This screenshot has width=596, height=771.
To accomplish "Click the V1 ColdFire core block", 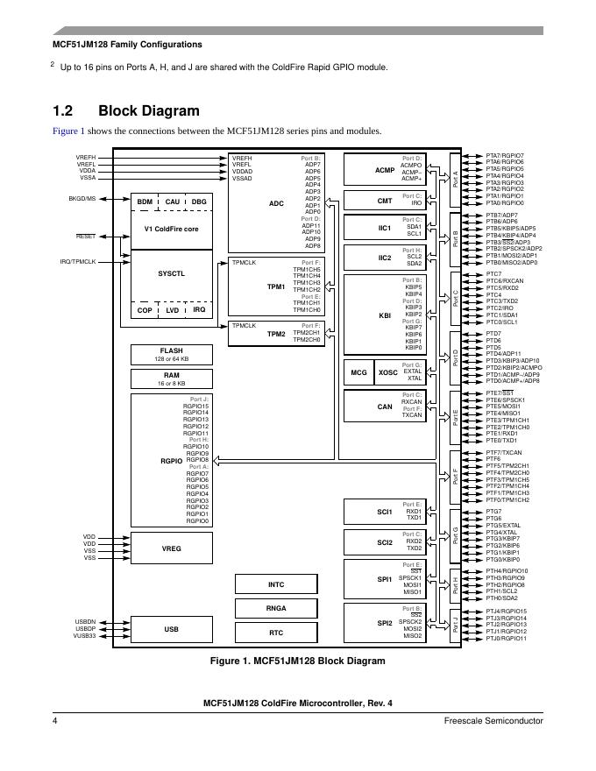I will point(172,229).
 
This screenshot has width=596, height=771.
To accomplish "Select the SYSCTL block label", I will point(172,273).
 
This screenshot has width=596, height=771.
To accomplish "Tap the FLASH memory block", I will point(172,354).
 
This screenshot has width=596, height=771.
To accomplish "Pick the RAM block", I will point(172,378).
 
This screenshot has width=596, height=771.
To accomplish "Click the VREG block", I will point(172,548).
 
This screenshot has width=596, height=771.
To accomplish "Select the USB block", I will point(172,629).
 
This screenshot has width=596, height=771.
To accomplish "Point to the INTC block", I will point(276,584).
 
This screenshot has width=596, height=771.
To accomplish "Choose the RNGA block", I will point(276,608).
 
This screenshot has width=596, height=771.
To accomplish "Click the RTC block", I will point(276,632).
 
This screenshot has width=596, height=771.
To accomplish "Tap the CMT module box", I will point(385,201).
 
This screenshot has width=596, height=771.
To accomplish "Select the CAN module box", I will point(385,406).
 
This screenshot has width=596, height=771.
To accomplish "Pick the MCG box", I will point(358,372).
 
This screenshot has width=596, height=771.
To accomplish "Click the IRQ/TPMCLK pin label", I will point(78,261).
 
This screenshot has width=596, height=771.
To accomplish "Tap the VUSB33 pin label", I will point(85,636).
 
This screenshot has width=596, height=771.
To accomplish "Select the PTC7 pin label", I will point(494,274).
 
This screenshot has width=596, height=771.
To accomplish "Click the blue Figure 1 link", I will point(69,131).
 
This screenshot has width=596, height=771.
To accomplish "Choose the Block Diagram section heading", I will point(148,111).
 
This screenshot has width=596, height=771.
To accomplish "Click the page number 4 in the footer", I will point(54,720).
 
